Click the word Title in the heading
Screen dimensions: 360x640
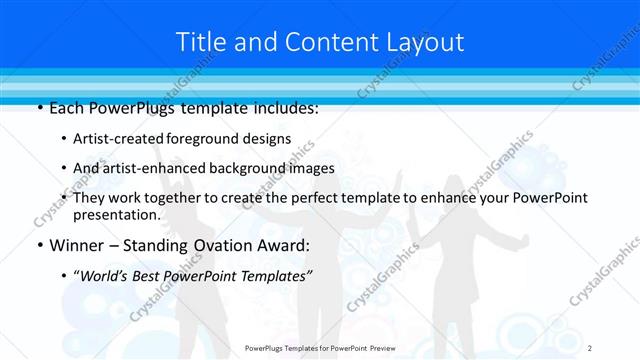202,42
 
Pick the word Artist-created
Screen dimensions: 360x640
116,139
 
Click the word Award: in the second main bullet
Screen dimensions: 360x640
282,245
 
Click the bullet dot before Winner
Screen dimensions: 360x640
39,245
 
